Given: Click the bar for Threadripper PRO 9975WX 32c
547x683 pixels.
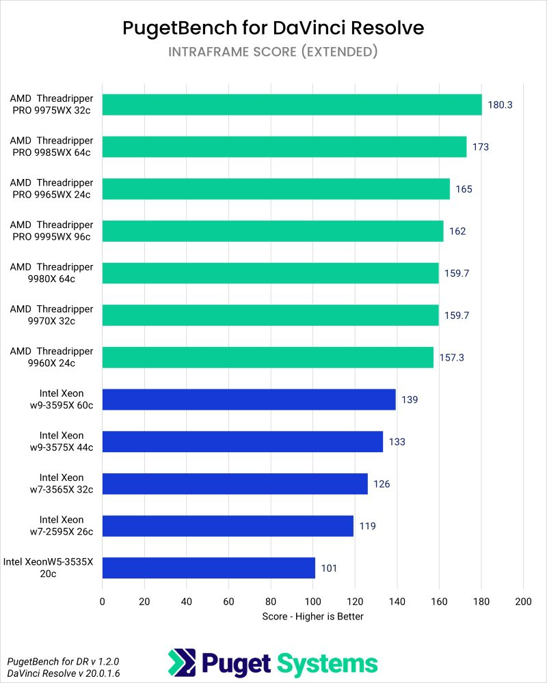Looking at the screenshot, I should point(292,104).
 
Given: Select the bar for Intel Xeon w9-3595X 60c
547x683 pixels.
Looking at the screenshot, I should point(249,400).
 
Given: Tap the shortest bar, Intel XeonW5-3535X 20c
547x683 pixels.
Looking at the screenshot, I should point(209,568).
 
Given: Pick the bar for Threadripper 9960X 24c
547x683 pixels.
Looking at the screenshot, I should point(267,357).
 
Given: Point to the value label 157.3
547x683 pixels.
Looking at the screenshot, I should point(452,357).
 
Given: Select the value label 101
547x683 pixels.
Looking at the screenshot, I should point(329,568).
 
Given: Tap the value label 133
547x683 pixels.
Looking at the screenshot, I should point(397,442).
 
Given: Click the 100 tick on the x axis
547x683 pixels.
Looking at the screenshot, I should point(312,602).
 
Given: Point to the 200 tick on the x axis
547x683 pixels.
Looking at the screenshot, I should point(523,602).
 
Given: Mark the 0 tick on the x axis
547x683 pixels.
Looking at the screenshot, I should point(103,602).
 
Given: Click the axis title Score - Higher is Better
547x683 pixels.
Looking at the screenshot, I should point(312,616).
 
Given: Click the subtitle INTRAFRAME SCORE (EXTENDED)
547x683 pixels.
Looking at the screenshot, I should point(273,52).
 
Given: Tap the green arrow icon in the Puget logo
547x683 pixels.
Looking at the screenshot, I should point(182,663).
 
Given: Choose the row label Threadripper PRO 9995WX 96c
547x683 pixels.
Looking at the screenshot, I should point(51,231).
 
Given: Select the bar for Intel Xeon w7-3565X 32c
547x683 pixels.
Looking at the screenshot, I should point(235,484).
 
